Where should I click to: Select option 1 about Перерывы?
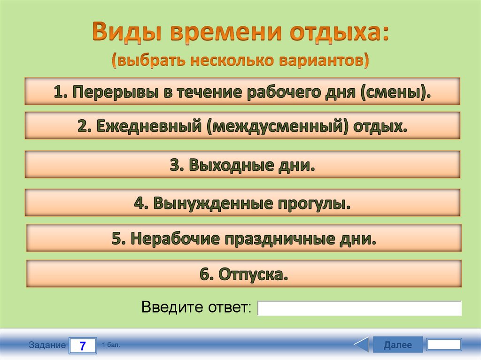[x=242, y=92]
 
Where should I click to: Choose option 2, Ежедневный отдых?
[x=242, y=125]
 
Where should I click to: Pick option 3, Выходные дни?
[x=242, y=164]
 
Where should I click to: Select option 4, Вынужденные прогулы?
[x=242, y=203]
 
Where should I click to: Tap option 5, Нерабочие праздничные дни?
[x=244, y=238]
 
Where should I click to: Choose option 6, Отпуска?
[x=244, y=274]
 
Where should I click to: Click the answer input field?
[x=359, y=308]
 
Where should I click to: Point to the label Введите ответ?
[x=196, y=308]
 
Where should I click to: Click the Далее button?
[x=397, y=345]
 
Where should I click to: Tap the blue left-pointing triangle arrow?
[x=362, y=345]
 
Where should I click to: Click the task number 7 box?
[x=83, y=346]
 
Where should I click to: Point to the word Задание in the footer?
[x=47, y=345]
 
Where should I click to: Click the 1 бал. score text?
[x=111, y=345]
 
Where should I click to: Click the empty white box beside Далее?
[x=444, y=345]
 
